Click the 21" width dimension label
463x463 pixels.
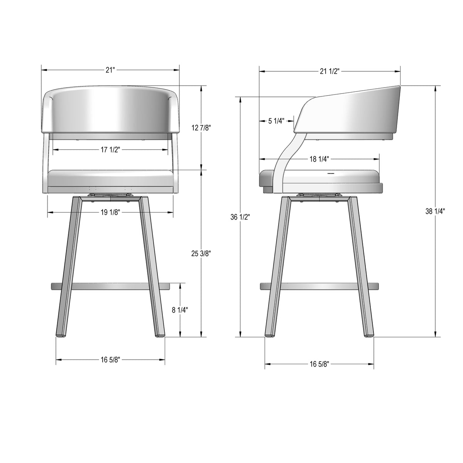point(110,70)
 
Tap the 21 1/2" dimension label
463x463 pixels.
point(330,71)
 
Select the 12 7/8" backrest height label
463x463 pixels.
point(201,128)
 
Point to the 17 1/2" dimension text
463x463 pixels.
point(110,150)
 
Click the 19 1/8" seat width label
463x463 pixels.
point(110,212)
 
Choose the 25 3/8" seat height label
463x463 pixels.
point(201,253)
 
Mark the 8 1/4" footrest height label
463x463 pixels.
point(180,310)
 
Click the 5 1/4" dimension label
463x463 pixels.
point(276,121)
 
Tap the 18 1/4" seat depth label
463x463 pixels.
point(319,159)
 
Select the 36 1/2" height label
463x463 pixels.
point(240,217)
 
